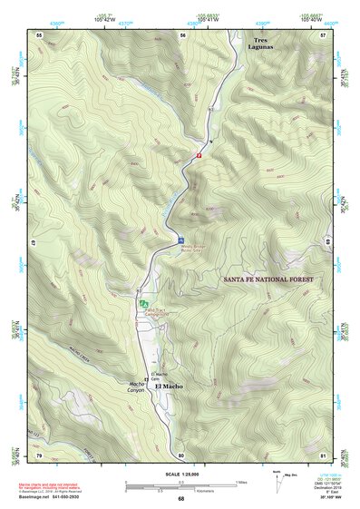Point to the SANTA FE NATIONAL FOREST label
[x=268, y=279]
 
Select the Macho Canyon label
[x=137, y=387]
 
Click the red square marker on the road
[x=199, y=155]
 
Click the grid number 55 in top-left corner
[x=39, y=34]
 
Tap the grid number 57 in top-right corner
[x=324, y=34]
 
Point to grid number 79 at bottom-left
[x=39, y=454]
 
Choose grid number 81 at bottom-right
[x=324, y=454]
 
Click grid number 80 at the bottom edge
[x=181, y=454]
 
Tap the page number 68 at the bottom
[x=180, y=498]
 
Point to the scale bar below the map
[x=180, y=486]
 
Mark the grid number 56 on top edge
[x=181, y=34]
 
